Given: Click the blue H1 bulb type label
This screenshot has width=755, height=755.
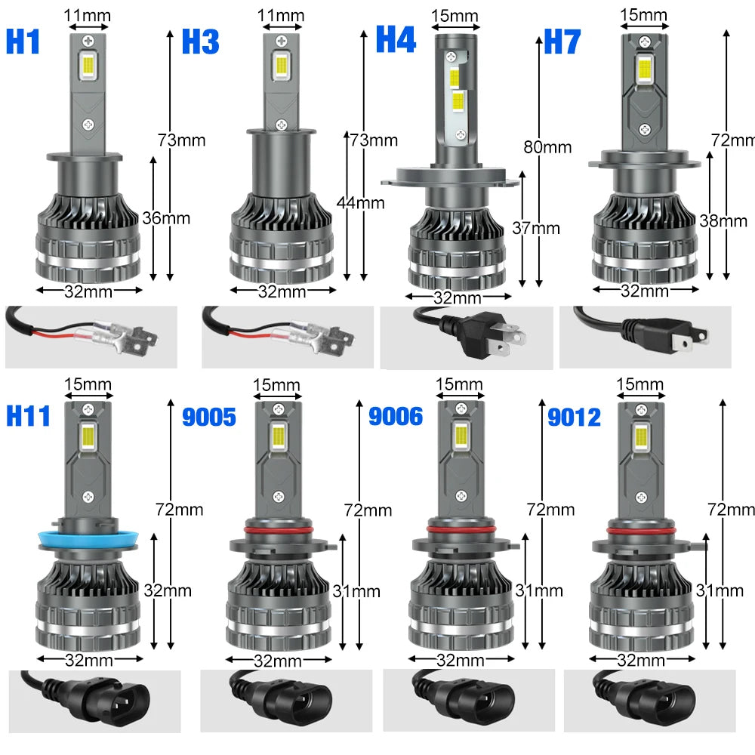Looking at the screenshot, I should [x=23, y=42].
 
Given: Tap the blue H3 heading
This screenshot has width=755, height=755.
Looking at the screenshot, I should [x=200, y=42].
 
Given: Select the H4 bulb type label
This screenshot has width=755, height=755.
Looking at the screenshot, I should [x=396, y=39].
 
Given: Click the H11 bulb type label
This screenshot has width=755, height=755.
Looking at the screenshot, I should [x=28, y=415].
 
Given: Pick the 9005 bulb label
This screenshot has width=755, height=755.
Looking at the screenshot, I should [x=209, y=416].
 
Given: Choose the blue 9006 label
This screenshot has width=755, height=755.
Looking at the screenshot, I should [x=396, y=416].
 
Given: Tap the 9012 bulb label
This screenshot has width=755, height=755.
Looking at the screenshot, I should [x=574, y=416].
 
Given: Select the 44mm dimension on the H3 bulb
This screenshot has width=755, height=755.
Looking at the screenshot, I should [x=361, y=202].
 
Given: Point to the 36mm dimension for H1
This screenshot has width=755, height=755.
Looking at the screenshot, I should [x=166, y=218].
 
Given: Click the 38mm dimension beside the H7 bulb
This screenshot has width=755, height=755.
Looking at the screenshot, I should [x=723, y=220].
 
